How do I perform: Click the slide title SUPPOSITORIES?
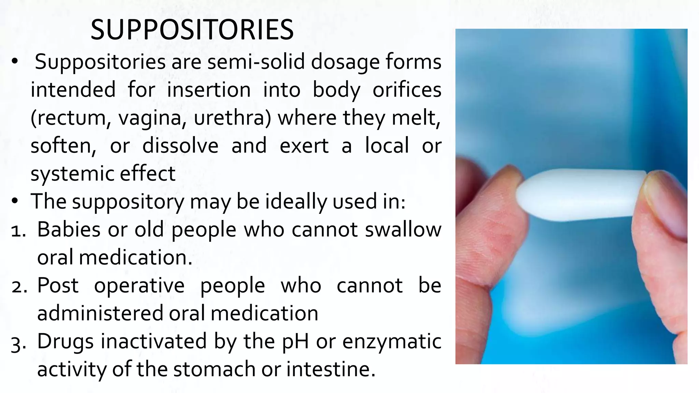(x=192, y=30)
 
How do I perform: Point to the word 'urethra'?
(x=232, y=118)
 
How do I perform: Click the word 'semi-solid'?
(x=256, y=62)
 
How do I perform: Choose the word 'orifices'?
(x=407, y=90)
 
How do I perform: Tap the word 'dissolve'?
(x=180, y=146)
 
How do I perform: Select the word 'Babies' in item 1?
(x=69, y=229)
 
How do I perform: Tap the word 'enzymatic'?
(x=392, y=341)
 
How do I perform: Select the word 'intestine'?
(x=330, y=369)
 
